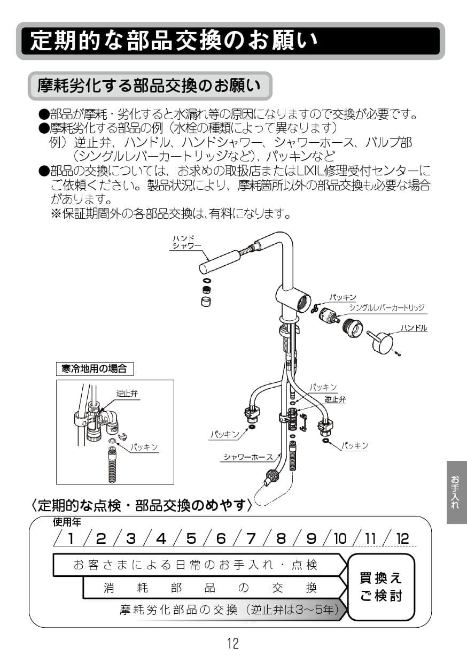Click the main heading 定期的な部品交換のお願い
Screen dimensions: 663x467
pyautogui.click(x=174, y=41)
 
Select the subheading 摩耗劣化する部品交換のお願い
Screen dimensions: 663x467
pyautogui.click(x=149, y=86)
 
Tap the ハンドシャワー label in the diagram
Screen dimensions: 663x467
pyautogui.click(x=185, y=242)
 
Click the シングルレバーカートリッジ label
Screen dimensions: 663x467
pyautogui.click(x=386, y=307)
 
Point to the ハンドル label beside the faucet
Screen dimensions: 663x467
pyautogui.click(x=414, y=328)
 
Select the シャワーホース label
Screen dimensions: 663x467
pyautogui.click(x=248, y=457)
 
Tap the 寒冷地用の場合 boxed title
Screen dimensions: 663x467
pyautogui.click(x=94, y=368)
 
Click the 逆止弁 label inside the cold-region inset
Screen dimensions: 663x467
pyautogui.click(x=127, y=393)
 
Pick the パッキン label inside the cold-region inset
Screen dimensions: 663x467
pyautogui.click(x=144, y=447)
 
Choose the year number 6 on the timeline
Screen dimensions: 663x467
pyautogui.click(x=220, y=538)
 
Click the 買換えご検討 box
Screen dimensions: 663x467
pyautogui.click(x=381, y=587)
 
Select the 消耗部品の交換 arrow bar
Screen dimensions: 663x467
pyautogui.click(x=211, y=588)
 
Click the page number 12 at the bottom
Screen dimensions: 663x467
pyautogui.click(x=233, y=643)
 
